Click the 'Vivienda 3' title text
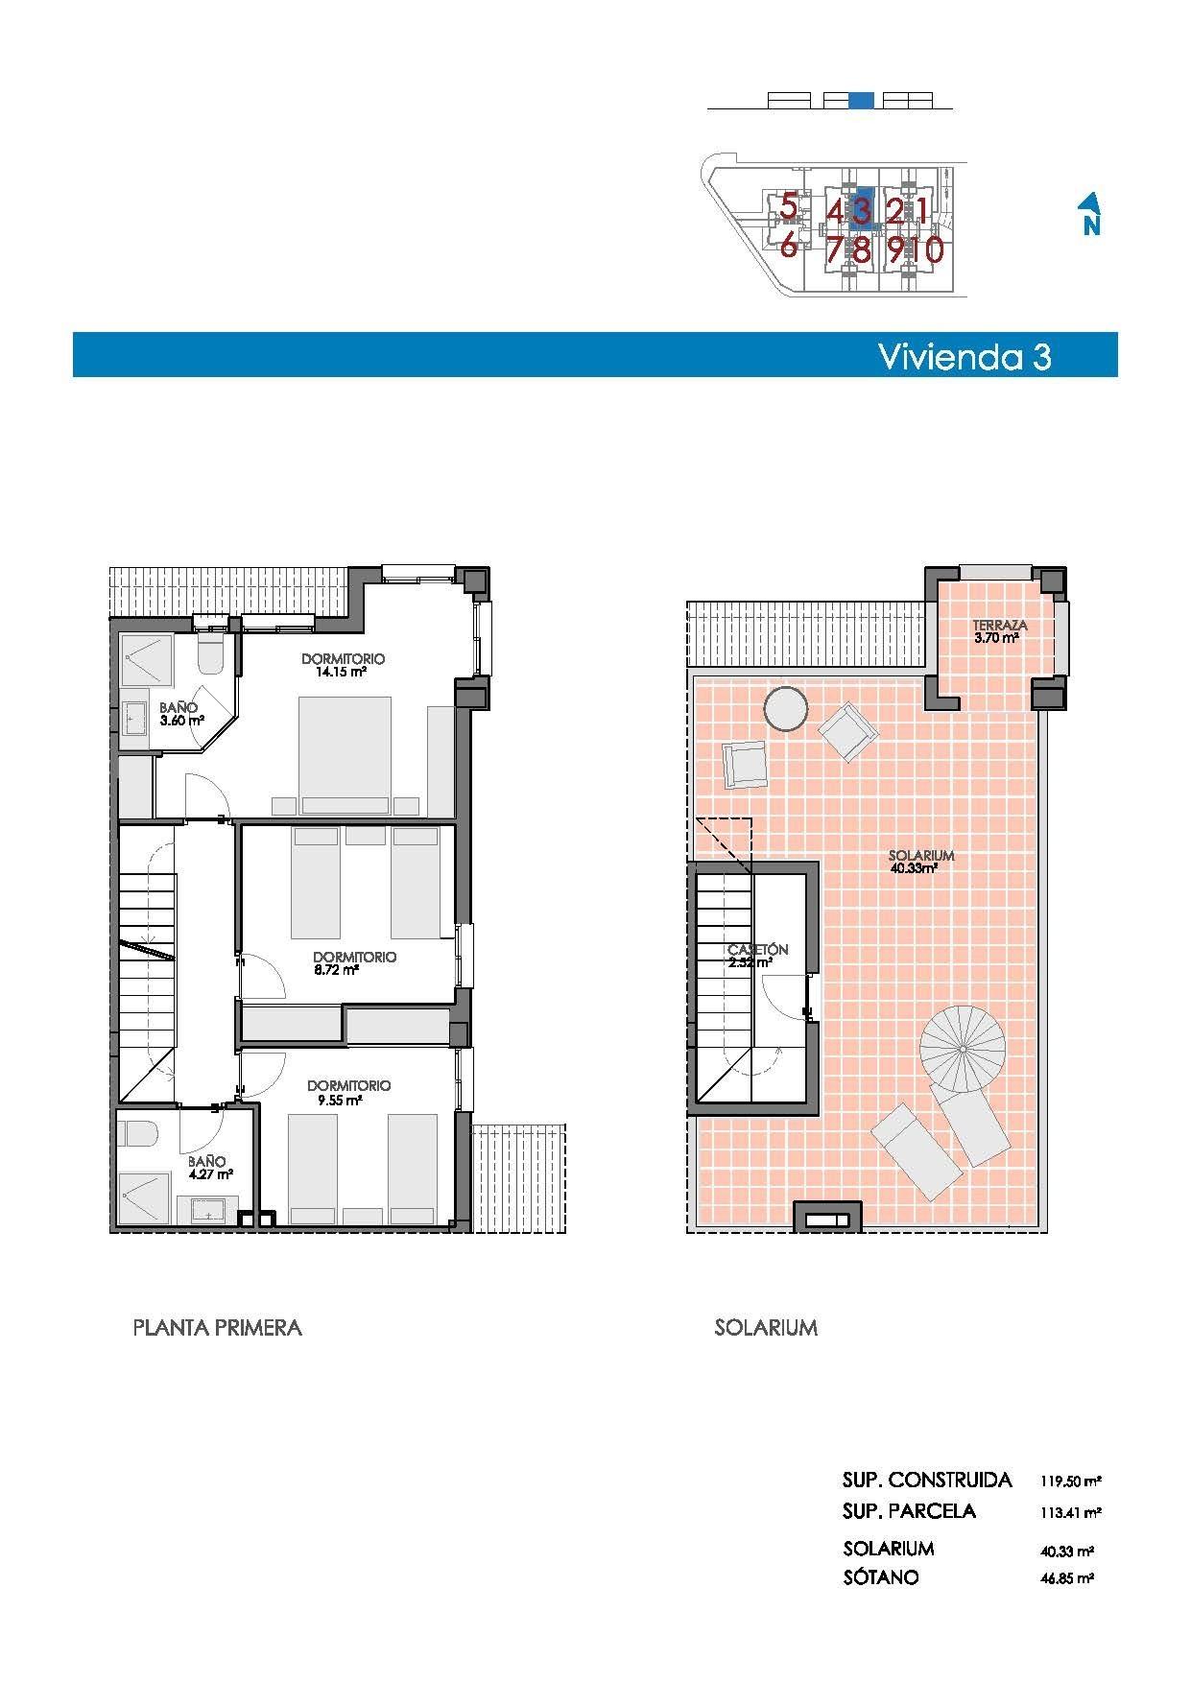tap(964, 356)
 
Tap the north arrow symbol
tap(1089, 214)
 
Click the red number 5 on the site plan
tap(788, 206)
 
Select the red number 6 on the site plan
tap(788, 247)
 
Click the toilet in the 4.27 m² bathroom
tap(140, 1134)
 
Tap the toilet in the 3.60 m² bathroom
tap(209, 655)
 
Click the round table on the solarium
tap(786, 710)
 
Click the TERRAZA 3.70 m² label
tap(999, 630)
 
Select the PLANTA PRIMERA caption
tap(217, 1328)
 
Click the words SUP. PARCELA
tap(909, 1511)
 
